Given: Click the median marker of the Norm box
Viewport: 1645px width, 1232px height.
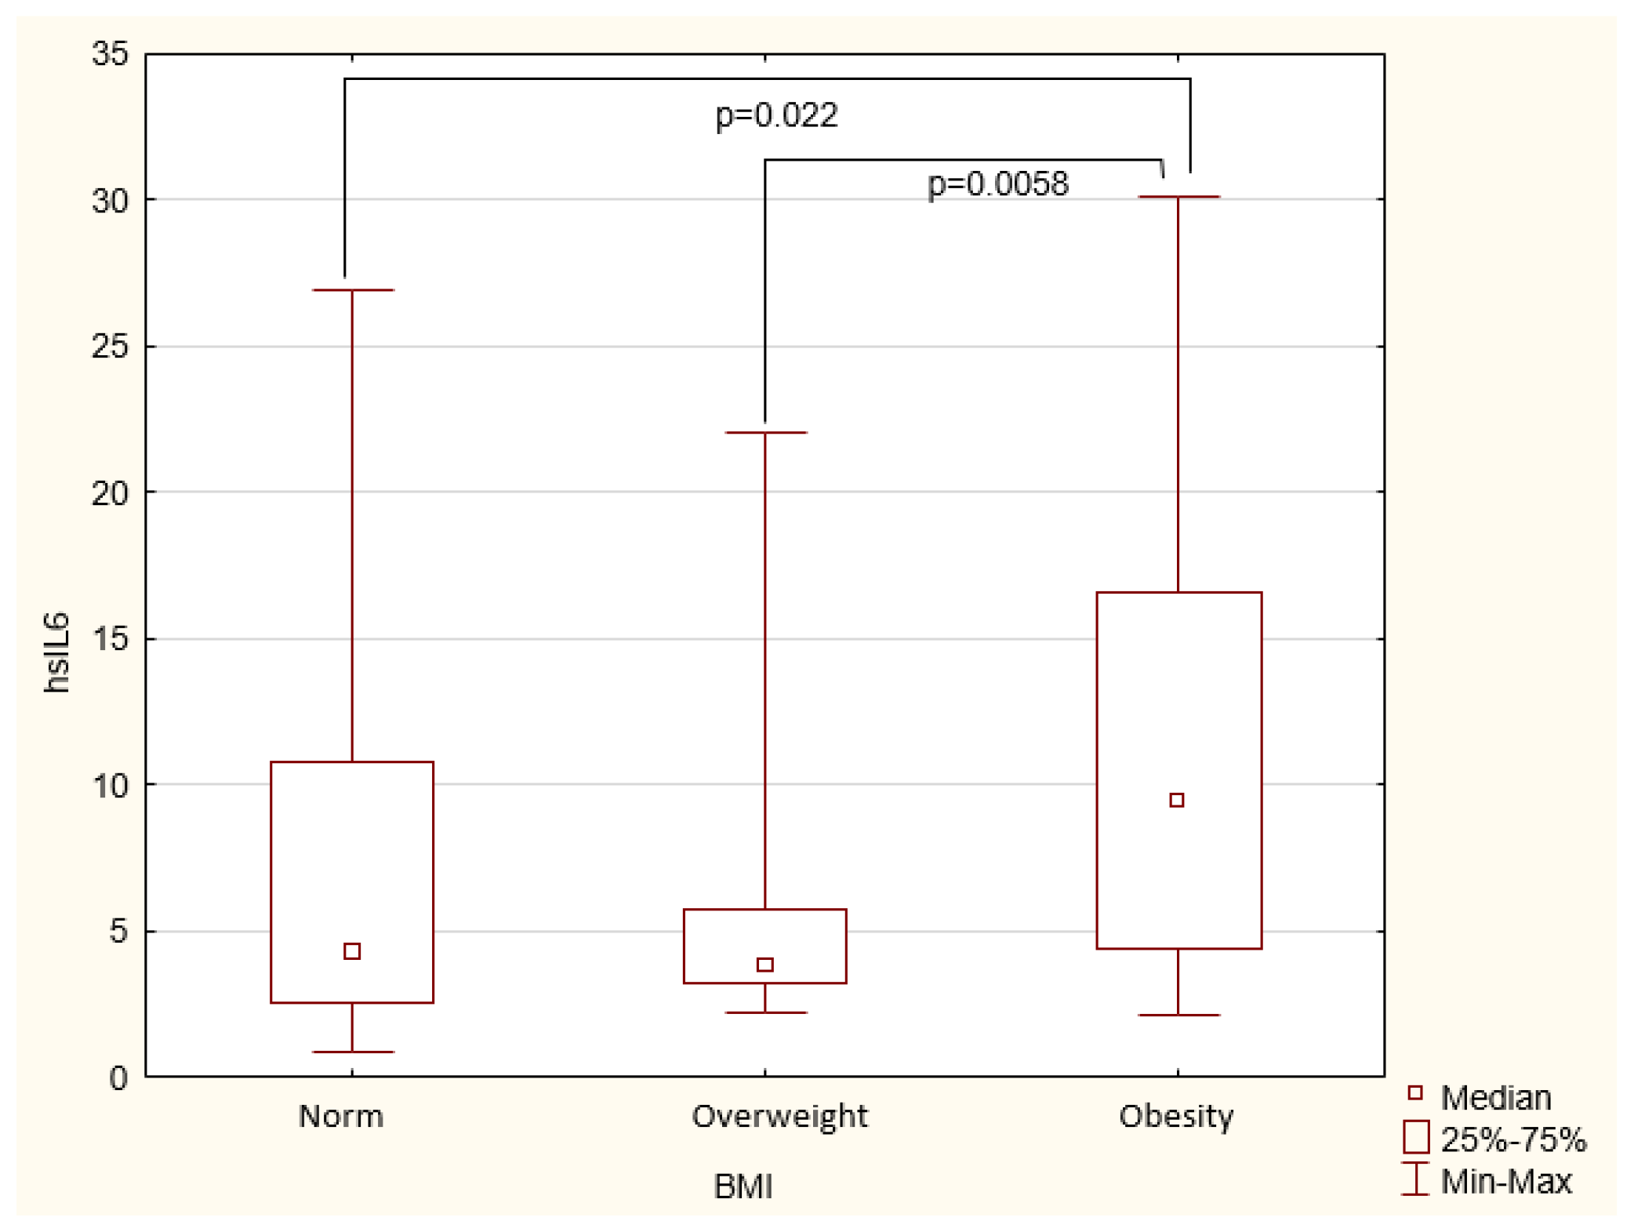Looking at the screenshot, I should [352, 951].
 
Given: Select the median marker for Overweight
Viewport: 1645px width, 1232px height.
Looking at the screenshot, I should [765, 965].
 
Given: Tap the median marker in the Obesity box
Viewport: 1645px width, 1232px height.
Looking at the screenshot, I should [1177, 800].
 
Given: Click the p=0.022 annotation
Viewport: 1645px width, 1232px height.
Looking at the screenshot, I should [776, 115].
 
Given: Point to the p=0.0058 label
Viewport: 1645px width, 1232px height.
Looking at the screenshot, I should [997, 184].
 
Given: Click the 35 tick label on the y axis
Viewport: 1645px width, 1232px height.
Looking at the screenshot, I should [110, 54].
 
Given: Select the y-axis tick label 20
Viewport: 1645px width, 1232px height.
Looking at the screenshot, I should [110, 493].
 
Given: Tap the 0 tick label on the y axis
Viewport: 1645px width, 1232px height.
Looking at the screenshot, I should [118, 1078].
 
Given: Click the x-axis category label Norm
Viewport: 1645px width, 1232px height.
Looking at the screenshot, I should [341, 1116].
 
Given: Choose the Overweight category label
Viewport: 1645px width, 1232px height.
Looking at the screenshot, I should [779, 1116].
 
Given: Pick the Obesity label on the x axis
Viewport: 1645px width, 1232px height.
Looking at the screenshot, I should [1176, 1116].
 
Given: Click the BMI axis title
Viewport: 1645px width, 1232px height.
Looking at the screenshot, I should [743, 1187].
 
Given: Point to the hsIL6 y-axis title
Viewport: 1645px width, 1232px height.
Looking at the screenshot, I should [56, 652].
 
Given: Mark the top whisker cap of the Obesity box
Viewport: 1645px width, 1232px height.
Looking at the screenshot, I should [1178, 197].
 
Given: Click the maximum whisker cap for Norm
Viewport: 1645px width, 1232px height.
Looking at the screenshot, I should [353, 290].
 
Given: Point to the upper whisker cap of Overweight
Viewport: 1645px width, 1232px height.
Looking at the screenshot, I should [766, 432].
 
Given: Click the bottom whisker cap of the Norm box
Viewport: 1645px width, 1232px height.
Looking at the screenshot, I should [353, 1052].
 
